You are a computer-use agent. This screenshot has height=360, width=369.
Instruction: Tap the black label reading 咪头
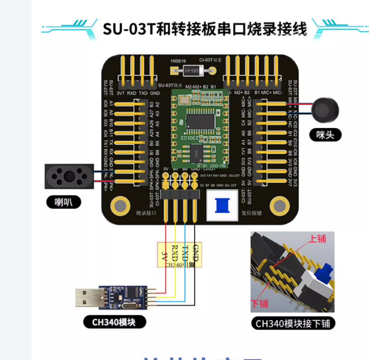(325, 134)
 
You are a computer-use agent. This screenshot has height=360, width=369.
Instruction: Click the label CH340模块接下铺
(293, 323)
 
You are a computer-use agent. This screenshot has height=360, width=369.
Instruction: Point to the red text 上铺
(317, 239)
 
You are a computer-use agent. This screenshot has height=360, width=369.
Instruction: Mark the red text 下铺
(262, 302)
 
